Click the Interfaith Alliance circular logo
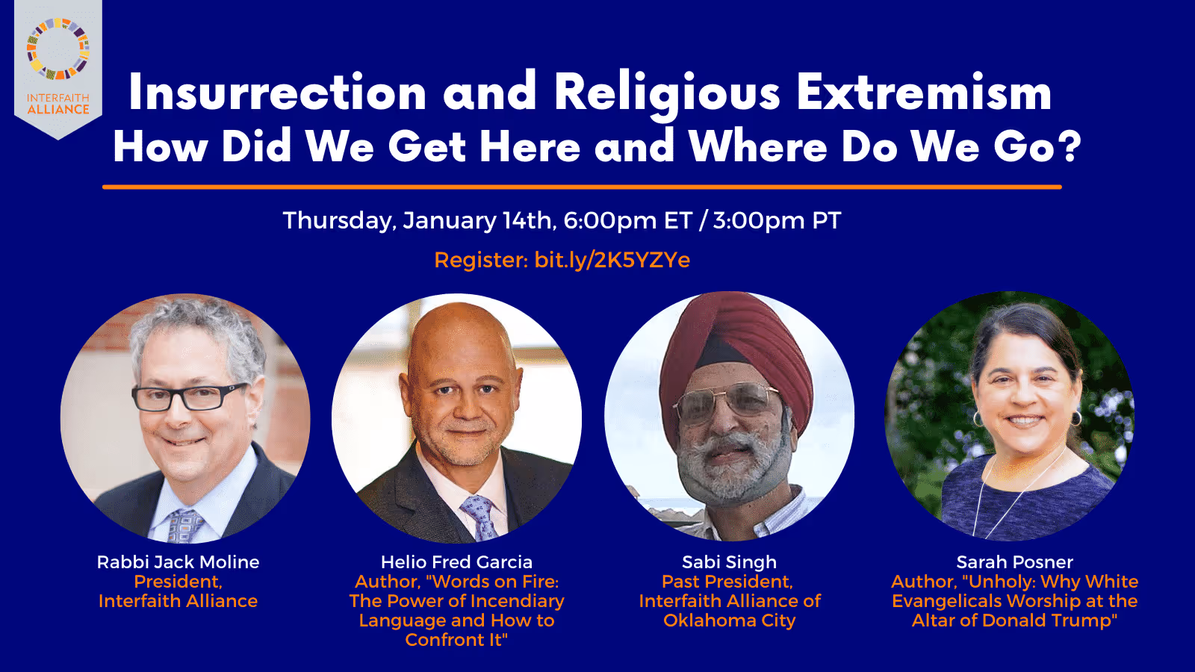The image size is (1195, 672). (58, 49)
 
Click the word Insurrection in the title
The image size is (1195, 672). (277, 93)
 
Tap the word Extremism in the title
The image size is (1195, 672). (923, 93)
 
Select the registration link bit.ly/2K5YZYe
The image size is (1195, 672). (612, 260)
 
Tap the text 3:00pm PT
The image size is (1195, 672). (776, 221)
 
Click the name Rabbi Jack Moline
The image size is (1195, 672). (178, 562)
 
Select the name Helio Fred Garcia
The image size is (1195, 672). (456, 562)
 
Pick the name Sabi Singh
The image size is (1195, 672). (729, 562)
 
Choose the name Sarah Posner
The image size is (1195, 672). (1014, 562)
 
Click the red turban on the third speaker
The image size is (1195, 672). (739, 336)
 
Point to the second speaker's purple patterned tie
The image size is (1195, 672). (479, 515)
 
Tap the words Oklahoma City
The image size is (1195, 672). (729, 620)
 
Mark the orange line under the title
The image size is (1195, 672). (582, 187)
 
